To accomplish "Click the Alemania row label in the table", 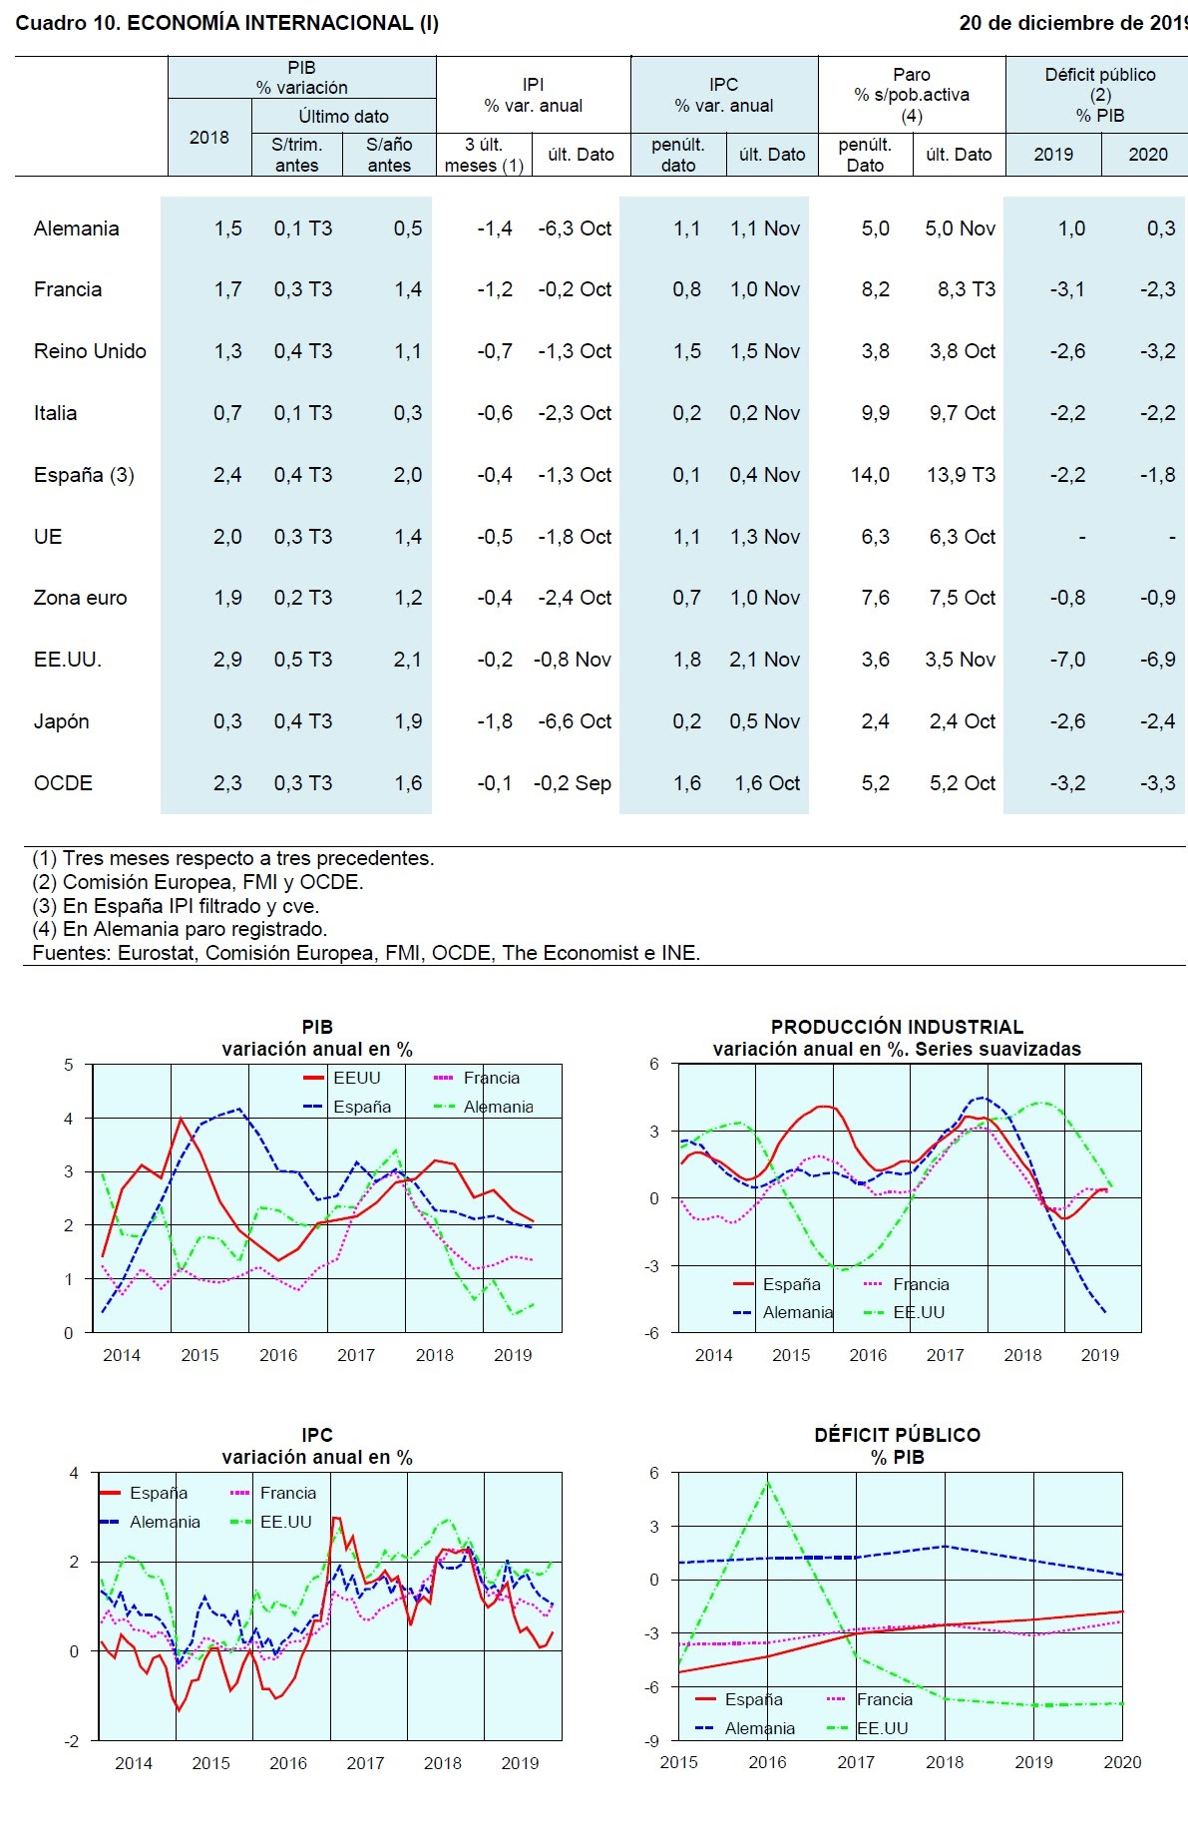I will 76,229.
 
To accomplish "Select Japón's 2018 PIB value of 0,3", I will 227,721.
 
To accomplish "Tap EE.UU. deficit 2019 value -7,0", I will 1066,660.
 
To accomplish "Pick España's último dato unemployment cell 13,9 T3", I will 961,475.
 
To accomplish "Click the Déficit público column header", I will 1099,95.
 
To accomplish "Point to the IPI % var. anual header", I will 533,96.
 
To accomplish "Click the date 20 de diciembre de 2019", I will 1072,23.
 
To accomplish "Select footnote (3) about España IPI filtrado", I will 176,906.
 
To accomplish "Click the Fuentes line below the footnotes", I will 366,953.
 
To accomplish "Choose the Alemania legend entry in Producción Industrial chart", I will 797,1312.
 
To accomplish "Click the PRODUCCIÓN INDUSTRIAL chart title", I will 897,1027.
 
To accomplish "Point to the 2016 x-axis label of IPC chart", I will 288,1763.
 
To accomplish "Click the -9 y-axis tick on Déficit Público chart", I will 653,1741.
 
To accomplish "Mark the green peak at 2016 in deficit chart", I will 767,1483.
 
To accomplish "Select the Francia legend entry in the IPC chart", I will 287,1493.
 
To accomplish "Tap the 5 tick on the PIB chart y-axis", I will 69,1065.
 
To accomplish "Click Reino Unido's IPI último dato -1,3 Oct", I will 575,351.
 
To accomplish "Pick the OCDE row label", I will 63,783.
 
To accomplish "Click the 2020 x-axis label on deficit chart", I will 1122,1762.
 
